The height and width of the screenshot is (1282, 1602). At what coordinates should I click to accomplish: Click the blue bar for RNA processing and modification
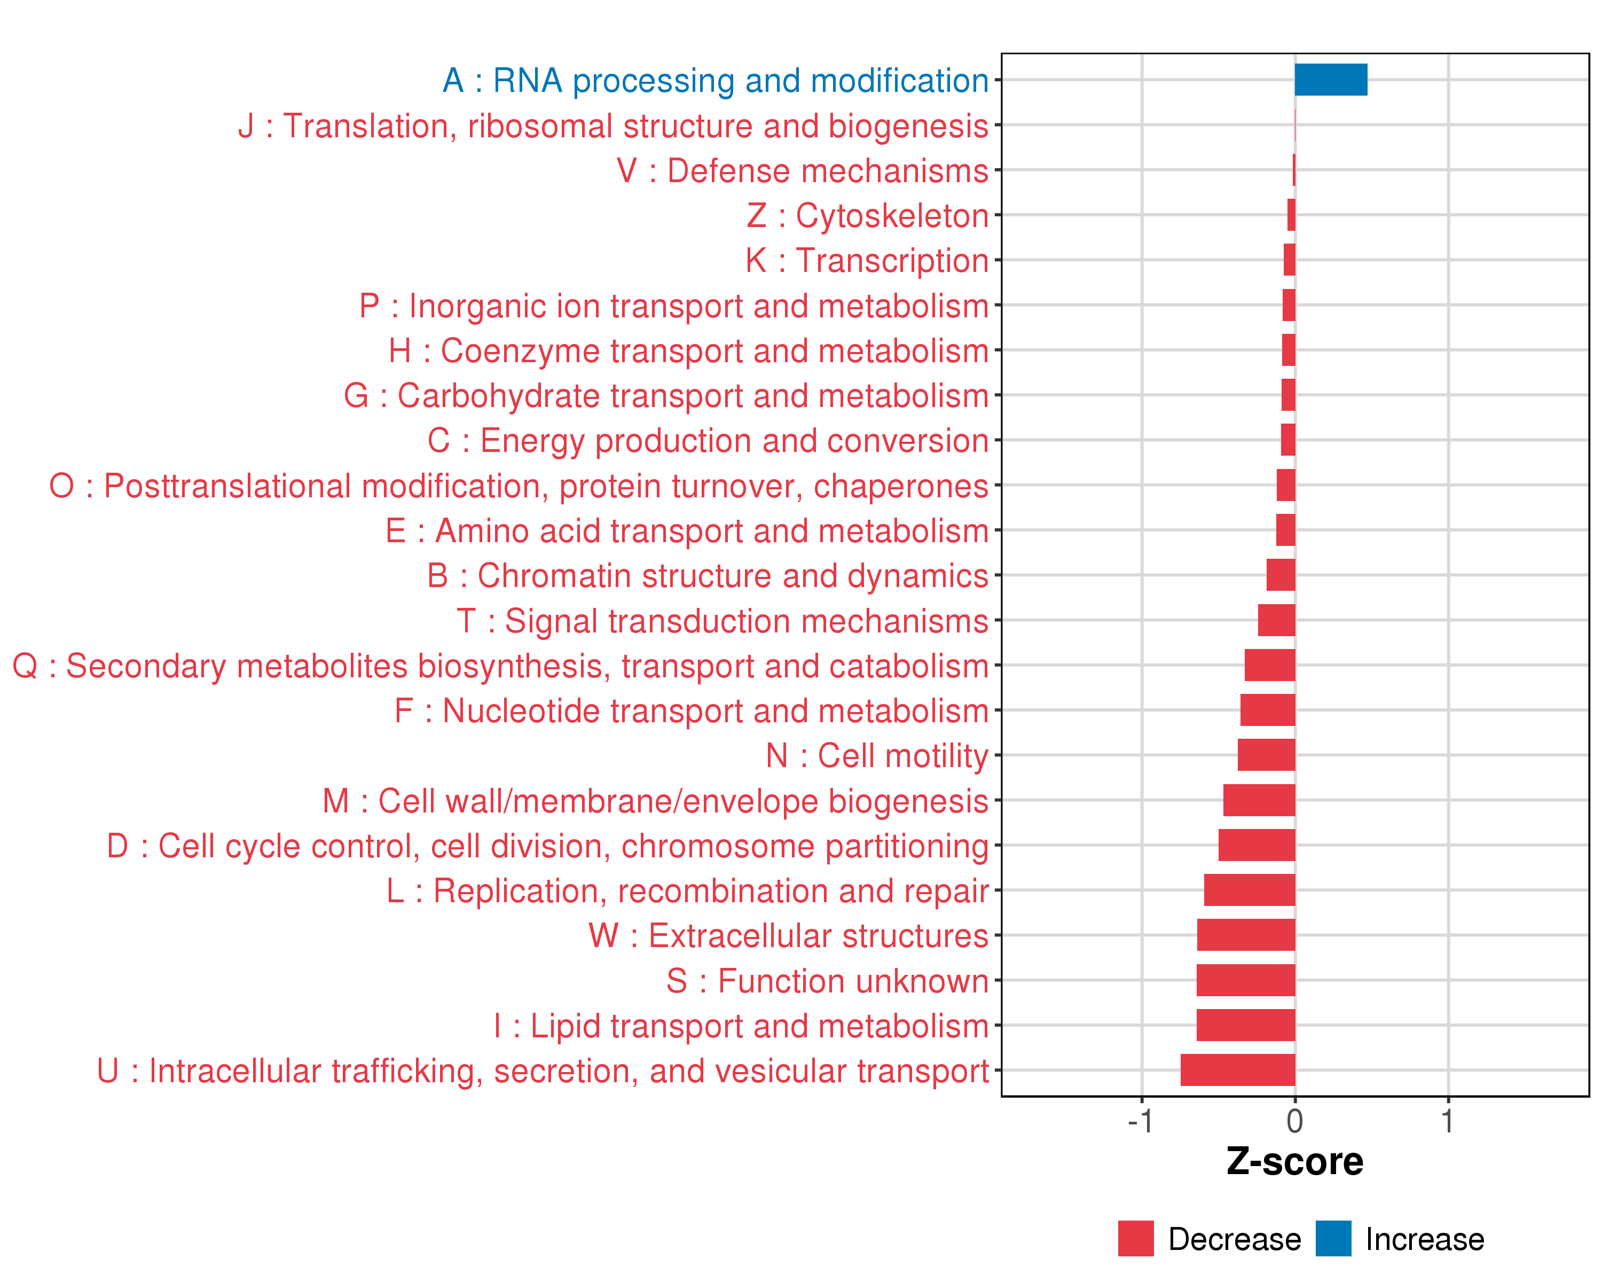click(x=1330, y=80)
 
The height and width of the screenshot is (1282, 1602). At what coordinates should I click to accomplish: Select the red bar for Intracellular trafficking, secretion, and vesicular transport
click(x=1238, y=1070)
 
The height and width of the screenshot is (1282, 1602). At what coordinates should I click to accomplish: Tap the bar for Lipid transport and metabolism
click(x=1245, y=1025)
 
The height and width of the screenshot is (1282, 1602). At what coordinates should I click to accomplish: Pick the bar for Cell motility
click(x=1266, y=755)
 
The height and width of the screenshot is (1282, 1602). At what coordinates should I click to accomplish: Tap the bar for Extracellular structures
click(x=1246, y=935)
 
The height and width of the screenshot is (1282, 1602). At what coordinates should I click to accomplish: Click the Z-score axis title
click(x=1294, y=1162)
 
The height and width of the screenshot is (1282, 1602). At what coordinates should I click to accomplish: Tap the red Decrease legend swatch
click(x=1135, y=1239)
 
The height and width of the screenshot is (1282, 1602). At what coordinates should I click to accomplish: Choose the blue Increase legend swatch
click(x=1333, y=1239)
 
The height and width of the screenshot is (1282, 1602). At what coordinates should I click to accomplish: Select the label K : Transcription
click(x=867, y=261)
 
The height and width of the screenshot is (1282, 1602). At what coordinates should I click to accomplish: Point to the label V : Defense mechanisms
click(x=803, y=171)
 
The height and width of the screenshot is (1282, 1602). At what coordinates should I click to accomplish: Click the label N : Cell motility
click(x=877, y=756)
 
